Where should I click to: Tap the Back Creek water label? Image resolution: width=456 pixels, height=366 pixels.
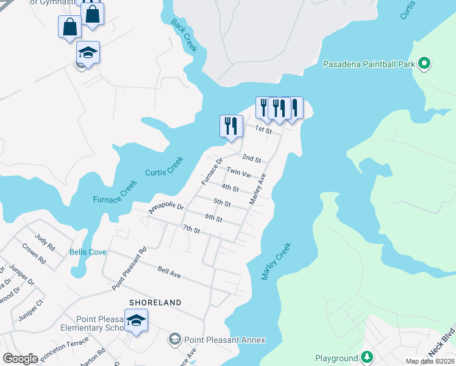[x=183, y=35]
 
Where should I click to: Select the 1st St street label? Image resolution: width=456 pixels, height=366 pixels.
[x=263, y=129]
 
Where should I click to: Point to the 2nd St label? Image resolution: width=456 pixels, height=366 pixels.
[x=251, y=159]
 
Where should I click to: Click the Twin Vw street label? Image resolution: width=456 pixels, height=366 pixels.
[x=238, y=173]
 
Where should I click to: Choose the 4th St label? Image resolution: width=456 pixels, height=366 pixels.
[x=230, y=188]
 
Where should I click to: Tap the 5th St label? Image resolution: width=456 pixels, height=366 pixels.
[x=222, y=203]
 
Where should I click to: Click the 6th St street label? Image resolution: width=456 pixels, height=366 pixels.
[x=213, y=217]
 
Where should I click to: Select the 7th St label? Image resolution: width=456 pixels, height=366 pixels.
[x=191, y=229]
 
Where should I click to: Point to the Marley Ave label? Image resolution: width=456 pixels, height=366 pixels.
[x=258, y=188]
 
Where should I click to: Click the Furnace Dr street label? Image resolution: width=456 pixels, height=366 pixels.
[x=212, y=172]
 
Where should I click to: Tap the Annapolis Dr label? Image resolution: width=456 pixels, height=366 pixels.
[x=166, y=207]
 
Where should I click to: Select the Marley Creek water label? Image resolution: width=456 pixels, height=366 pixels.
[x=277, y=261]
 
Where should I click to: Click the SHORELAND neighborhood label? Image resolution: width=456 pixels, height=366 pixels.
[x=155, y=303]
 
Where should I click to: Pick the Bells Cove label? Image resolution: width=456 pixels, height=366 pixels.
[x=88, y=252]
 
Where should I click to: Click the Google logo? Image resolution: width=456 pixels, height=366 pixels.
[x=20, y=359]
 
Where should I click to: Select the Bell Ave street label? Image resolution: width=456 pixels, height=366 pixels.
[x=169, y=272]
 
